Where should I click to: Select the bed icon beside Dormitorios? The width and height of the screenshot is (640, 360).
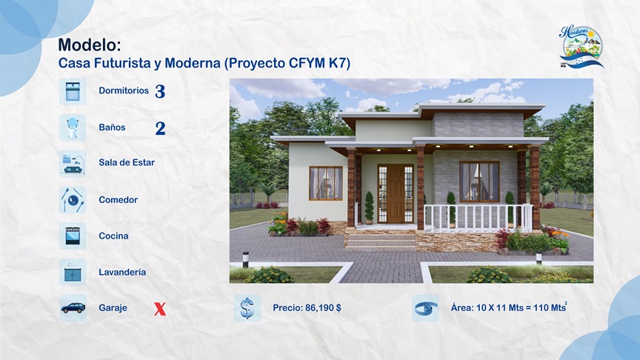[x=73, y=91]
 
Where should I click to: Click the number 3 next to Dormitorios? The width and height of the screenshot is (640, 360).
[x=160, y=92]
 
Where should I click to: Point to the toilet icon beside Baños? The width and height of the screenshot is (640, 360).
[x=73, y=127]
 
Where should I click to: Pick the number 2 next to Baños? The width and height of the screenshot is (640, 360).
[x=160, y=128]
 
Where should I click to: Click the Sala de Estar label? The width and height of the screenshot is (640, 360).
[x=127, y=163]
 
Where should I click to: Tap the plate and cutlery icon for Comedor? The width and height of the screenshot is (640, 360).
[x=73, y=199]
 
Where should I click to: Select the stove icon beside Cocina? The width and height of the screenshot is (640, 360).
[x=73, y=236]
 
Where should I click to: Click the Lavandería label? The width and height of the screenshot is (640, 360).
[x=122, y=272]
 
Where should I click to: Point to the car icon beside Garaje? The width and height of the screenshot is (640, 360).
[x=73, y=307]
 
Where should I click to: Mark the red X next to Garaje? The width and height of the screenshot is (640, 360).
[x=159, y=309]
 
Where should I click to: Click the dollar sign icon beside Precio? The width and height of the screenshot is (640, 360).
[x=247, y=307]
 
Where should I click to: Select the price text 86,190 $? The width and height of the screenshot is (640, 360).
[x=323, y=308]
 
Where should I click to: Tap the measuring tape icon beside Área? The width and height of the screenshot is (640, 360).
[x=425, y=307]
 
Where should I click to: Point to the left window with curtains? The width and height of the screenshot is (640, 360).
[x=326, y=183]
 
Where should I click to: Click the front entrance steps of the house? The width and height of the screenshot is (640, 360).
[x=381, y=240]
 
